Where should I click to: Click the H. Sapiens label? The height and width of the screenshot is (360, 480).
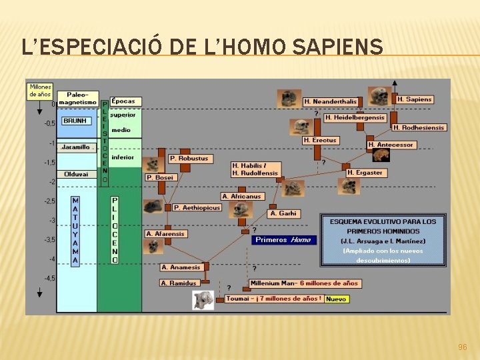[x=414, y=99]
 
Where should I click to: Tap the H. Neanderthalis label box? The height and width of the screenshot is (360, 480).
[x=330, y=102]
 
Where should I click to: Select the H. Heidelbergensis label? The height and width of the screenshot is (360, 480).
[x=355, y=117]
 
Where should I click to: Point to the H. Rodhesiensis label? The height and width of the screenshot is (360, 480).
[x=419, y=127]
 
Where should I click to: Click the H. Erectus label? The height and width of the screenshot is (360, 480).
[x=320, y=140]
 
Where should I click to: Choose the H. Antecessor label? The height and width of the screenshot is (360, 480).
[x=391, y=145]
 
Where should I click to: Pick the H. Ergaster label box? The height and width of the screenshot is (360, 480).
[x=365, y=173]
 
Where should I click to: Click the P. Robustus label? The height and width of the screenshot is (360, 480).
[x=189, y=159]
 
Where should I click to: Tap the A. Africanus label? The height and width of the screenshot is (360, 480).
[x=242, y=196]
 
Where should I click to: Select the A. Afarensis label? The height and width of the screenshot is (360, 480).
[x=165, y=234]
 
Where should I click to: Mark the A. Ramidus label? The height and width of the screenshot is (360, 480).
[x=179, y=283]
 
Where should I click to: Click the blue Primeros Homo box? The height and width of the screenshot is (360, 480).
[x=283, y=240]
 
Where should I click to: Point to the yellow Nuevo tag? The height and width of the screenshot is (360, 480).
[x=336, y=299]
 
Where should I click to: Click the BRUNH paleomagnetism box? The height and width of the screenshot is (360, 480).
[x=77, y=121]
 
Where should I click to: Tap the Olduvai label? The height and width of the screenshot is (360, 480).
[x=76, y=174]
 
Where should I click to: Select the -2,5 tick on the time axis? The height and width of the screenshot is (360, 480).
[x=49, y=201]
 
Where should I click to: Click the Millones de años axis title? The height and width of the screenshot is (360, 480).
[x=40, y=91]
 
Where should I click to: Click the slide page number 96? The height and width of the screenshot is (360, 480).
[x=462, y=347]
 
